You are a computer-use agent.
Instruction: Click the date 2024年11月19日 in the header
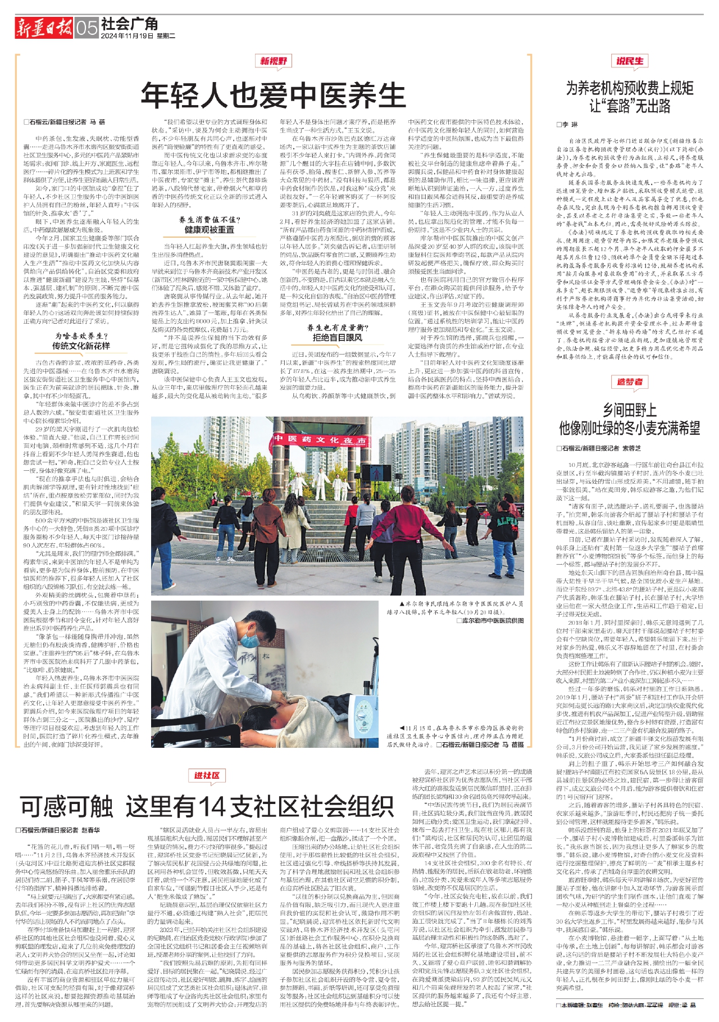[x=128, y=36]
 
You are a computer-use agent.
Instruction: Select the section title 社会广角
[x=130, y=23]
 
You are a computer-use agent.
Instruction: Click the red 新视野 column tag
[x=274, y=61]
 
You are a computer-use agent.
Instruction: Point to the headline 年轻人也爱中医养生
[x=273, y=95]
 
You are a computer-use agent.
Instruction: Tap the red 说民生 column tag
[x=630, y=61]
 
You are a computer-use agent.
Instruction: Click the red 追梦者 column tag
[x=630, y=382]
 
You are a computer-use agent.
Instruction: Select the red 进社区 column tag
[x=207, y=776]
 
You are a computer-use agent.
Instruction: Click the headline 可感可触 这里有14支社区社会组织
[x=207, y=807]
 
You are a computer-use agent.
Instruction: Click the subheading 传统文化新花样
[x=81, y=346]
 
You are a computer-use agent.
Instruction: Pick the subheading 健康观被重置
[x=210, y=229]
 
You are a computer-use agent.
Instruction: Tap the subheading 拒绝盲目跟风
[x=338, y=338]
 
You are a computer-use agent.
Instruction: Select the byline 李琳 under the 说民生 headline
[x=567, y=124]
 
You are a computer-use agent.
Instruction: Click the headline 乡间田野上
[x=630, y=410]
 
